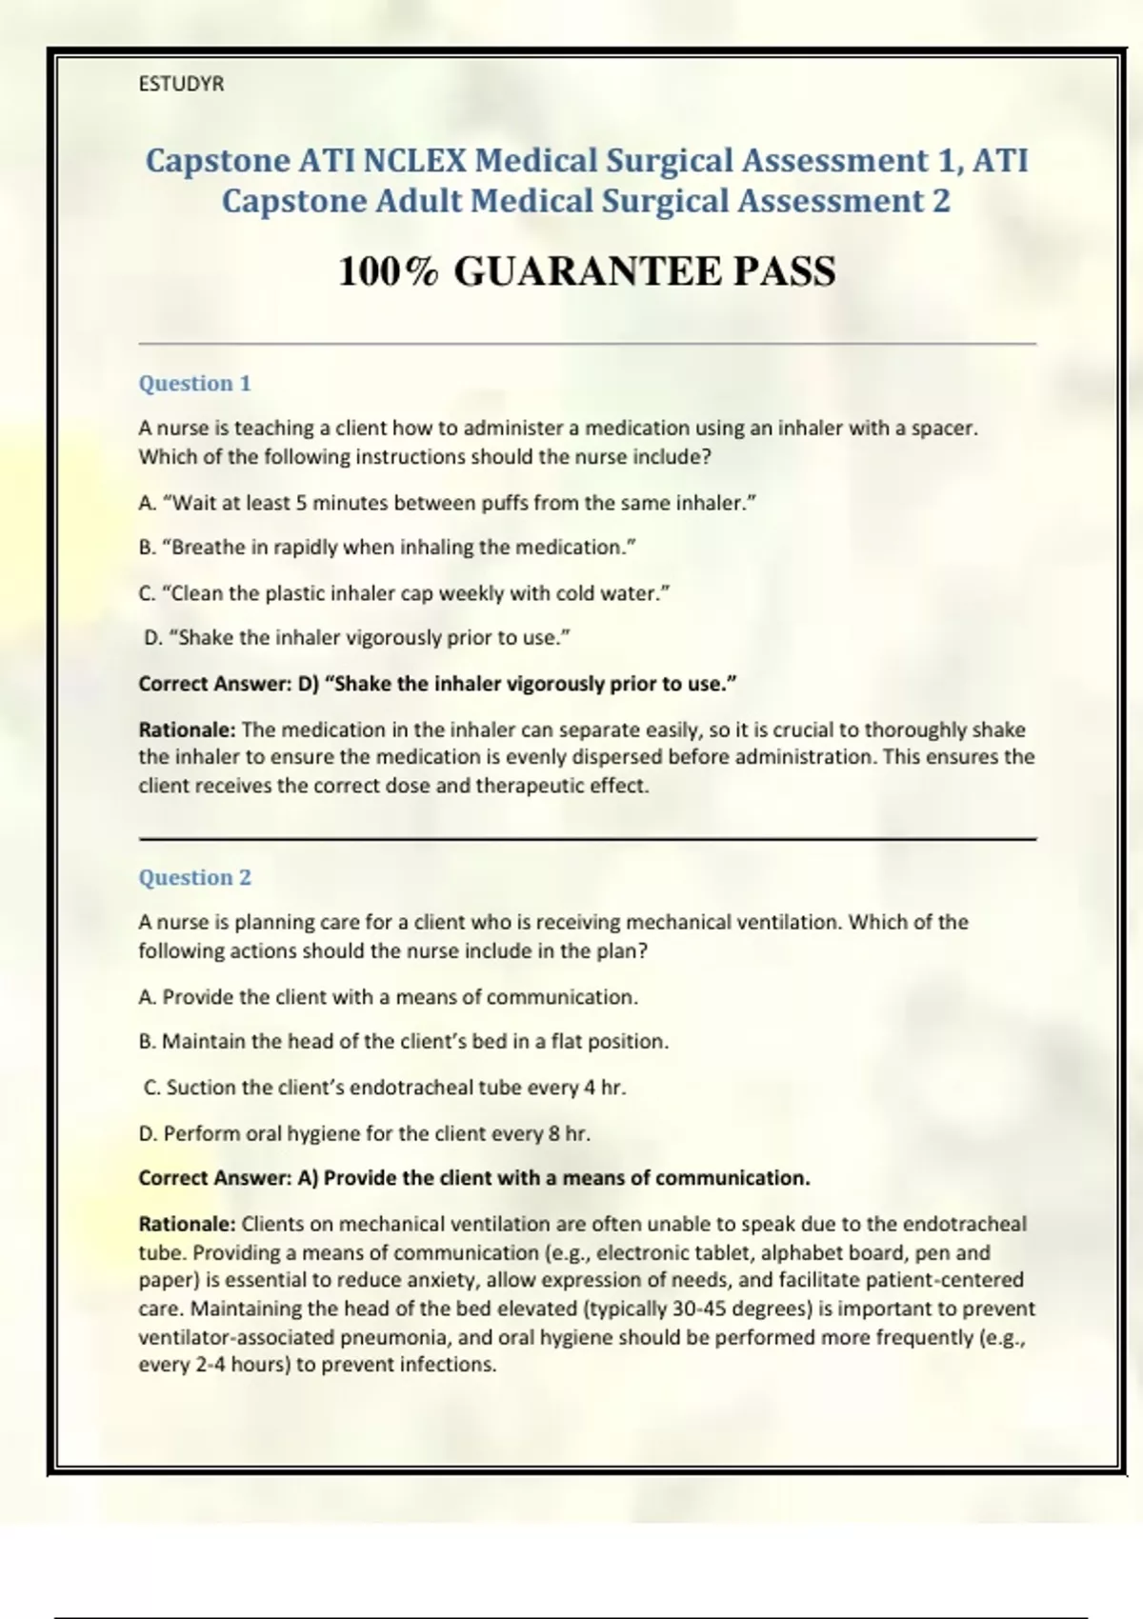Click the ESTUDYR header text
(181, 84)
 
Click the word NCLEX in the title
(414, 160)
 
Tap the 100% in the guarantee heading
(388, 271)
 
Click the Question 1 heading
(194, 383)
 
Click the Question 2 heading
(194, 877)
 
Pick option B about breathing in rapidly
(387, 548)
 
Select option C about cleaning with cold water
(404, 593)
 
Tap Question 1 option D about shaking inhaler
(357, 638)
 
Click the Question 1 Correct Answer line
(437, 684)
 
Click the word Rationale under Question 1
(187, 730)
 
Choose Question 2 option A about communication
(388, 997)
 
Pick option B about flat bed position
(403, 1042)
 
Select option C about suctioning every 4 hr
(385, 1088)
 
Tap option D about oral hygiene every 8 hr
(364, 1133)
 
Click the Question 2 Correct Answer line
(473, 1178)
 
